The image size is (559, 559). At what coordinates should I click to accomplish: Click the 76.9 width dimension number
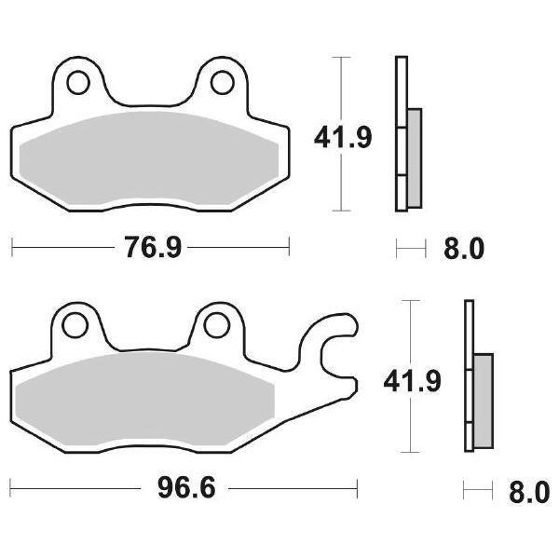point(150,248)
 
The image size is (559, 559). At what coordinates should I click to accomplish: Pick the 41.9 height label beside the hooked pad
point(411,380)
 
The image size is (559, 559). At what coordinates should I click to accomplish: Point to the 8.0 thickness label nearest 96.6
point(530,490)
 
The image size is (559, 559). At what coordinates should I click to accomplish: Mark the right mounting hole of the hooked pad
point(216,325)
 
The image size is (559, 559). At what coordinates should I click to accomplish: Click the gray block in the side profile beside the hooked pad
point(483,400)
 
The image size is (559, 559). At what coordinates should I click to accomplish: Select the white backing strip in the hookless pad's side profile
point(401,130)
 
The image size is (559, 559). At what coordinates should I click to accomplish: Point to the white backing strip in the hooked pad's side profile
point(470,373)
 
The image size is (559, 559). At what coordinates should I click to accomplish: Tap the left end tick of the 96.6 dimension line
point(12,488)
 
